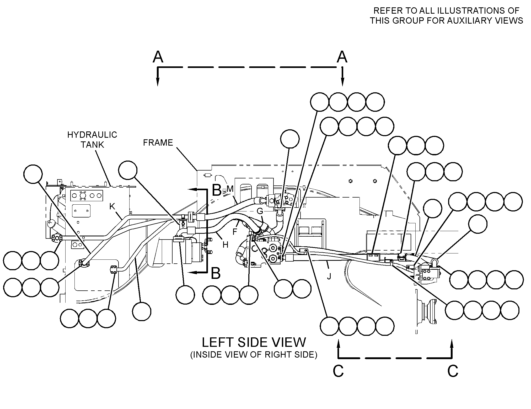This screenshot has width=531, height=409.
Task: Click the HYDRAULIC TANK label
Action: point(92,140)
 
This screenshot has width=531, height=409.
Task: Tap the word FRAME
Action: point(158,143)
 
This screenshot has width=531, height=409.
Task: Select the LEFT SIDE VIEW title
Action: point(254,342)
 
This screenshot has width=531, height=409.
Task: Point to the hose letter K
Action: point(112,206)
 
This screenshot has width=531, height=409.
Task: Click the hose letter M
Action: point(230,189)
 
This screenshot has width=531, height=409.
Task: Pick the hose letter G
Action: point(260,211)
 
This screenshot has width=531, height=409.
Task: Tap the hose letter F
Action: point(235,232)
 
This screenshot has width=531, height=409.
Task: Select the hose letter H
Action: point(226,245)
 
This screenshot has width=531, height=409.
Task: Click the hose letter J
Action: point(330,276)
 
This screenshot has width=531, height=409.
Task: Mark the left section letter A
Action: point(158,57)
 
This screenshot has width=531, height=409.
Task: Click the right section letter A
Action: point(342,57)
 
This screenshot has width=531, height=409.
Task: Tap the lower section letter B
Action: point(216,273)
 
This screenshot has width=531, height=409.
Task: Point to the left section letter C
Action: point(338,371)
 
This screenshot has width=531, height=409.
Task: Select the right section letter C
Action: point(453,371)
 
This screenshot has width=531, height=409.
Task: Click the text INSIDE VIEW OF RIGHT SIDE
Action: point(254,355)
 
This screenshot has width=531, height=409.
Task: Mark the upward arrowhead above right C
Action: point(452,344)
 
